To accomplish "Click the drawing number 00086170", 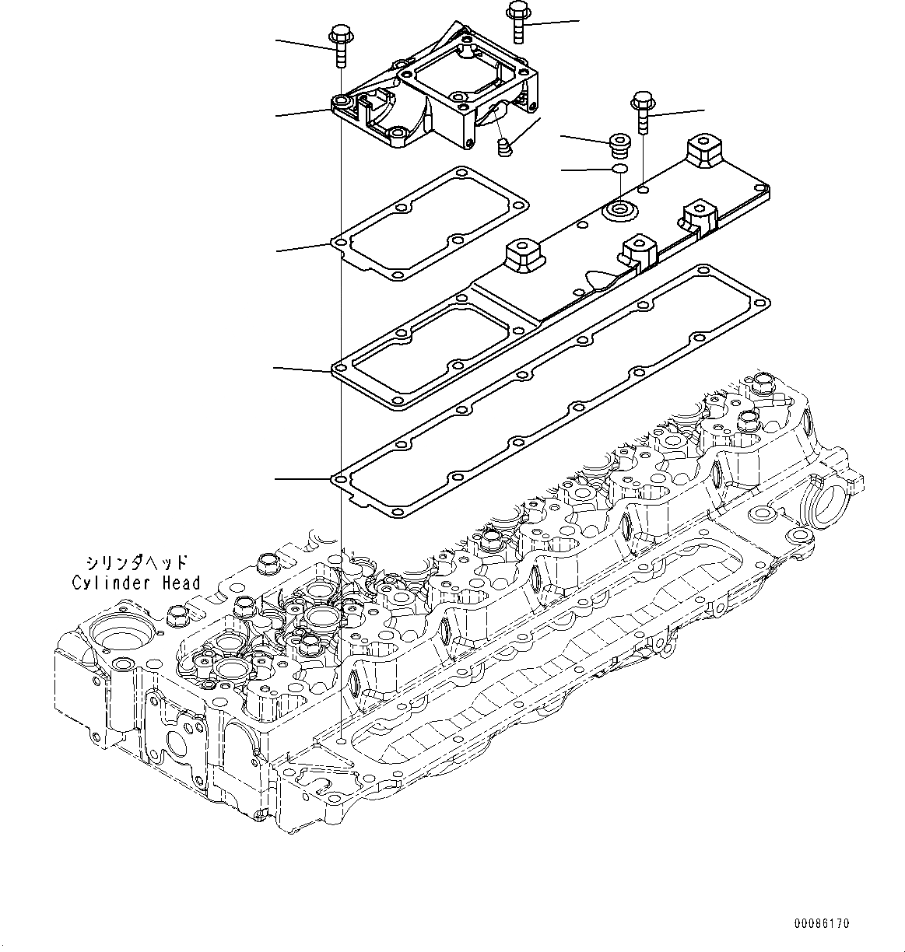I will pyautogui.click(x=822, y=924).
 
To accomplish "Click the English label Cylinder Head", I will pyautogui.click(x=136, y=583).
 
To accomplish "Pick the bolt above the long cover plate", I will pyautogui.click(x=643, y=110).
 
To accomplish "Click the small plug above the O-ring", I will pyautogui.click(x=619, y=144).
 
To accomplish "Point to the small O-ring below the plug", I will pyautogui.click(x=619, y=170).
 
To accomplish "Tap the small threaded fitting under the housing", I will pyautogui.click(x=504, y=145).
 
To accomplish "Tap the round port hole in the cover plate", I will pyautogui.click(x=620, y=209).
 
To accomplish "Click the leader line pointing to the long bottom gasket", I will pyautogui.click(x=303, y=479).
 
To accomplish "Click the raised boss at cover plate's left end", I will pyautogui.click(x=523, y=255).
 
